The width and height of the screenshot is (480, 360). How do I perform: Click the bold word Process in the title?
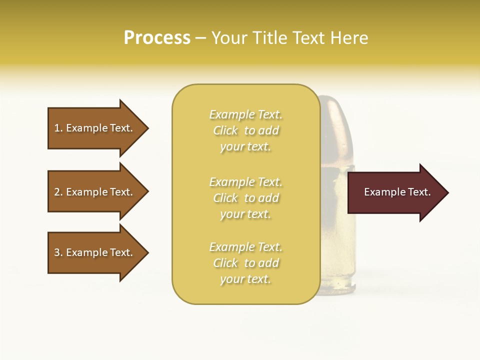coord(157,38)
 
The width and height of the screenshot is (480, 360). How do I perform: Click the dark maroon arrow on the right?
coord(395,192)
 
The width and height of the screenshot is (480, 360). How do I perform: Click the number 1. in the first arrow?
coord(58,128)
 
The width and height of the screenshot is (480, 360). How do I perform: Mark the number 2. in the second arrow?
coord(58,192)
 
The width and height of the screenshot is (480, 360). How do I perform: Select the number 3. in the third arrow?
coord(58,252)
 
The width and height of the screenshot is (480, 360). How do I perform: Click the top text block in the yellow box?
coord(245,130)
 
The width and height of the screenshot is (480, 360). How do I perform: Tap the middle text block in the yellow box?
coord(245,198)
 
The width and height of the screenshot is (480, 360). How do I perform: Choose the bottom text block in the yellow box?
coord(245,263)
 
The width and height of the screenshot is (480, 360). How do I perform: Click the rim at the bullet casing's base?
coord(340,288)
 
